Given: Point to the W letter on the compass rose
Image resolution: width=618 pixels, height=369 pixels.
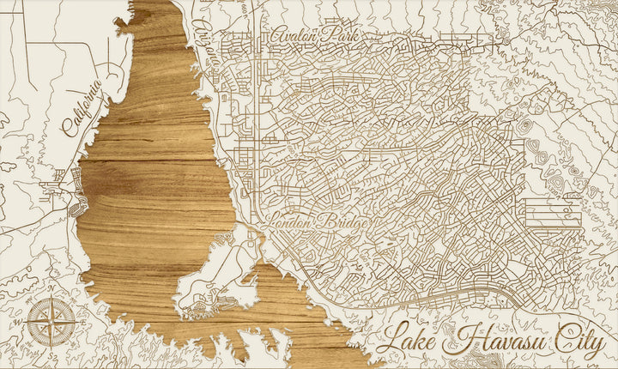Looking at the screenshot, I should [x=25, y=324].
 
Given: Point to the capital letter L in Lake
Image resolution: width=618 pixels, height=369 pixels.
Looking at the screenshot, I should [x=391, y=340].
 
